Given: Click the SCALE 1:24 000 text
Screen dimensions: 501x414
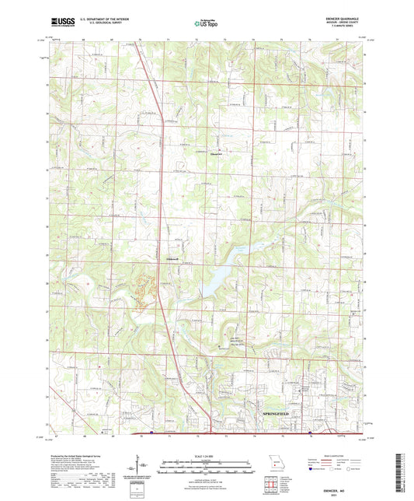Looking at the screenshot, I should coord(207,456).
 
